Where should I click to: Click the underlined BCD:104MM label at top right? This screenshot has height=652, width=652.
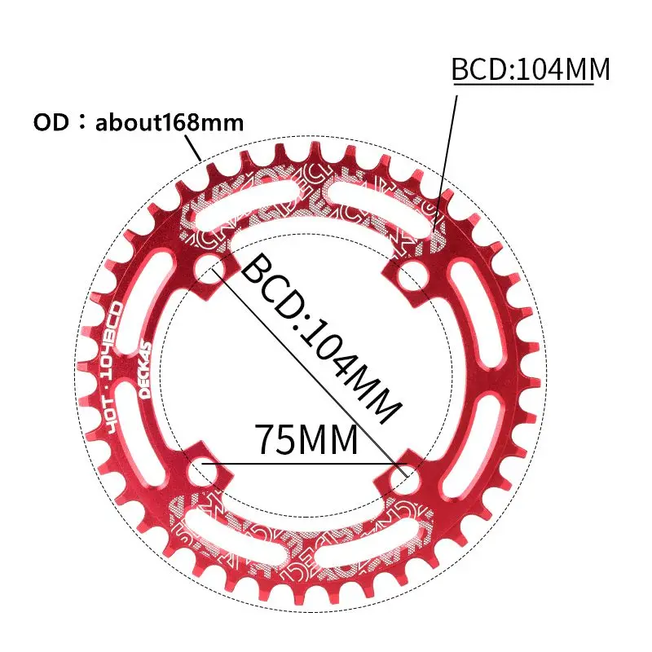click(x=531, y=70)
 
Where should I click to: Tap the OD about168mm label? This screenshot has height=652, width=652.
click(x=139, y=123)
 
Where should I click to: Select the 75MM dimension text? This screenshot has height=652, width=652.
click(x=306, y=440)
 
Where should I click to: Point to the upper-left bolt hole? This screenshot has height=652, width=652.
click(x=210, y=266)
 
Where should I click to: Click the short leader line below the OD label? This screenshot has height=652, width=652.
click(x=195, y=149)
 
